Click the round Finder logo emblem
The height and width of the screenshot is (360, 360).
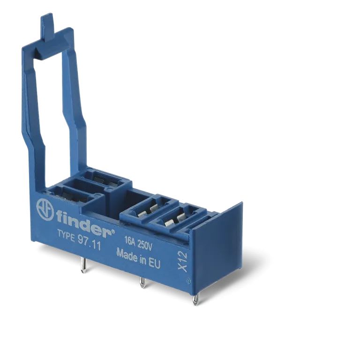click(45, 209)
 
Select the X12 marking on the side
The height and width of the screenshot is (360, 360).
click(183, 262)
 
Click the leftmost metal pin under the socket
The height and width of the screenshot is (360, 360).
click(83, 266)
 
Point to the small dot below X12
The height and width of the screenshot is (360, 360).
click(188, 281)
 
